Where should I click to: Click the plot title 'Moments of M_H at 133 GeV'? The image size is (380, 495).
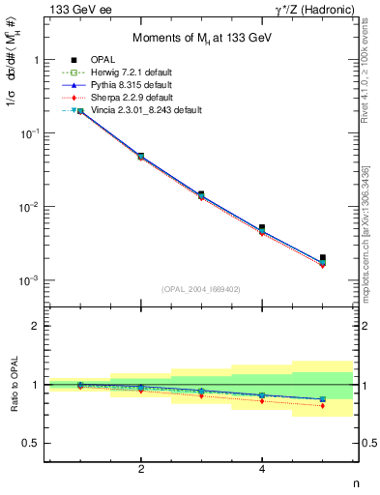[202, 36]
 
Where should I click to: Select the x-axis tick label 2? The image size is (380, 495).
[141, 469]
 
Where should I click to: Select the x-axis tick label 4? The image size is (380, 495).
[263, 469]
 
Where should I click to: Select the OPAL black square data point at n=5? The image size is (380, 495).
[323, 258]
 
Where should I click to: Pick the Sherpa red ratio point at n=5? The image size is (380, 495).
[323, 406]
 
